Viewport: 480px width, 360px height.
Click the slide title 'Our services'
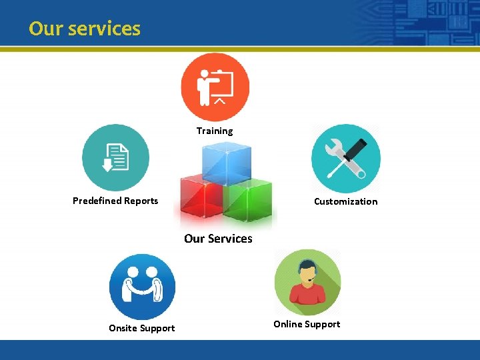pos(85,29)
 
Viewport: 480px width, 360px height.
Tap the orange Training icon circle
pos(215,87)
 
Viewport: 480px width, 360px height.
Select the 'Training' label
pos(215,131)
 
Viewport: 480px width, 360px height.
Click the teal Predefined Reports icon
pos(115,158)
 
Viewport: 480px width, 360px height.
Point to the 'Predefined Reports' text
pos(115,201)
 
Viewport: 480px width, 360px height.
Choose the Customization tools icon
pos(345,159)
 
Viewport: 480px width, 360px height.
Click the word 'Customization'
pos(345,201)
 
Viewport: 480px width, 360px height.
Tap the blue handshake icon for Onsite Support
pos(142,287)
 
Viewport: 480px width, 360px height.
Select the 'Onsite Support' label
pos(142,328)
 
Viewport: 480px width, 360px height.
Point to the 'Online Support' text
pos(307,324)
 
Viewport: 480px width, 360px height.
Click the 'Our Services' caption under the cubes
pos(218,239)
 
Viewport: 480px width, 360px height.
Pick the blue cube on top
pos(226,163)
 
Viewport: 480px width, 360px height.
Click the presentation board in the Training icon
pos(223,83)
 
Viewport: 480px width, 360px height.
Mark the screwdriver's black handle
pos(355,149)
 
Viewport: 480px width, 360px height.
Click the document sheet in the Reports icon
pos(120,157)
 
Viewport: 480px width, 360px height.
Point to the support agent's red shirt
pos(307,293)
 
